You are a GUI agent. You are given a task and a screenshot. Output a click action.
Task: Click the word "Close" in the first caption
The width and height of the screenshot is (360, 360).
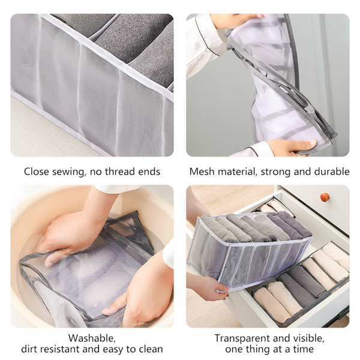click(x=37, y=172)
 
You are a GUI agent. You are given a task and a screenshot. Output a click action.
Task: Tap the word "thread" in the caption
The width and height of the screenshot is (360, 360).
click(x=119, y=172)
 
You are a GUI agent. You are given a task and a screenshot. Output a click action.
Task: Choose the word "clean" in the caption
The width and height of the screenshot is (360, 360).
click(x=148, y=349)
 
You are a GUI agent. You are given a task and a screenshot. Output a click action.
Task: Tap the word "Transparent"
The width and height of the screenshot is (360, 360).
click(x=244, y=338)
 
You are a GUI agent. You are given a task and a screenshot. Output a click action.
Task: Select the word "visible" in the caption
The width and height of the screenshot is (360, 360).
click(x=308, y=338)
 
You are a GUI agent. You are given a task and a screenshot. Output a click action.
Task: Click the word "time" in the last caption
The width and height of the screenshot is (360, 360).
click(x=301, y=349)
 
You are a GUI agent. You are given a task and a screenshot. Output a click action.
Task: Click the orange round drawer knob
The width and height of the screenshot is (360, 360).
click(x=325, y=197)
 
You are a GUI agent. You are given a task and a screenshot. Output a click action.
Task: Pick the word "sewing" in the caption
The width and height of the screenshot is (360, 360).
click(x=69, y=172)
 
